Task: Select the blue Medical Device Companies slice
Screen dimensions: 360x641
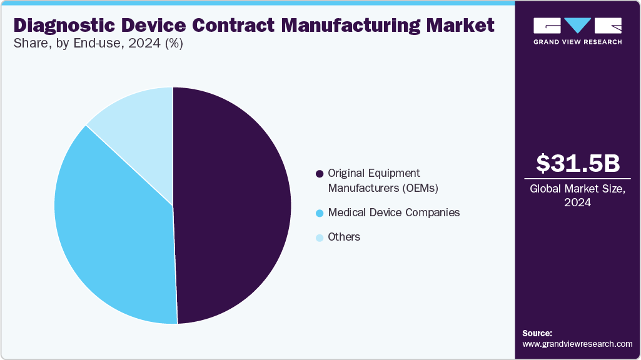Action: pyautogui.click(x=113, y=237)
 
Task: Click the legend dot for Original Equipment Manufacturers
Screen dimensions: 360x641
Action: pyautogui.click(x=320, y=174)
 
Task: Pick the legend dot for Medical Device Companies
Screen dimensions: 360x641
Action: pyautogui.click(x=320, y=213)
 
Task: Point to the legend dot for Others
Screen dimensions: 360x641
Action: pyautogui.click(x=320, y=237)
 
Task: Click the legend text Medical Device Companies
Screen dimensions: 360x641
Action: pyautogui.click(x=393, y=212)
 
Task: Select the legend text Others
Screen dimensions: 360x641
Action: pyautogui.click(x=344, y=237)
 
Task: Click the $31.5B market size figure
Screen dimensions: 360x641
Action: pyautogui.click(x=578, y=163)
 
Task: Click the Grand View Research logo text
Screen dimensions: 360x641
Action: pyautogui.click(x=578, y=42)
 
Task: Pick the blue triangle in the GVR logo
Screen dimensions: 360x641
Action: pyautogui.click(x=578, y=26)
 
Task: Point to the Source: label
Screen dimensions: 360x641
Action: pyautogui.click(x=537, y=333)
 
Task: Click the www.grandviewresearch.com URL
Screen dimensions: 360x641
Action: pyautogui.click(x=577, y=344)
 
